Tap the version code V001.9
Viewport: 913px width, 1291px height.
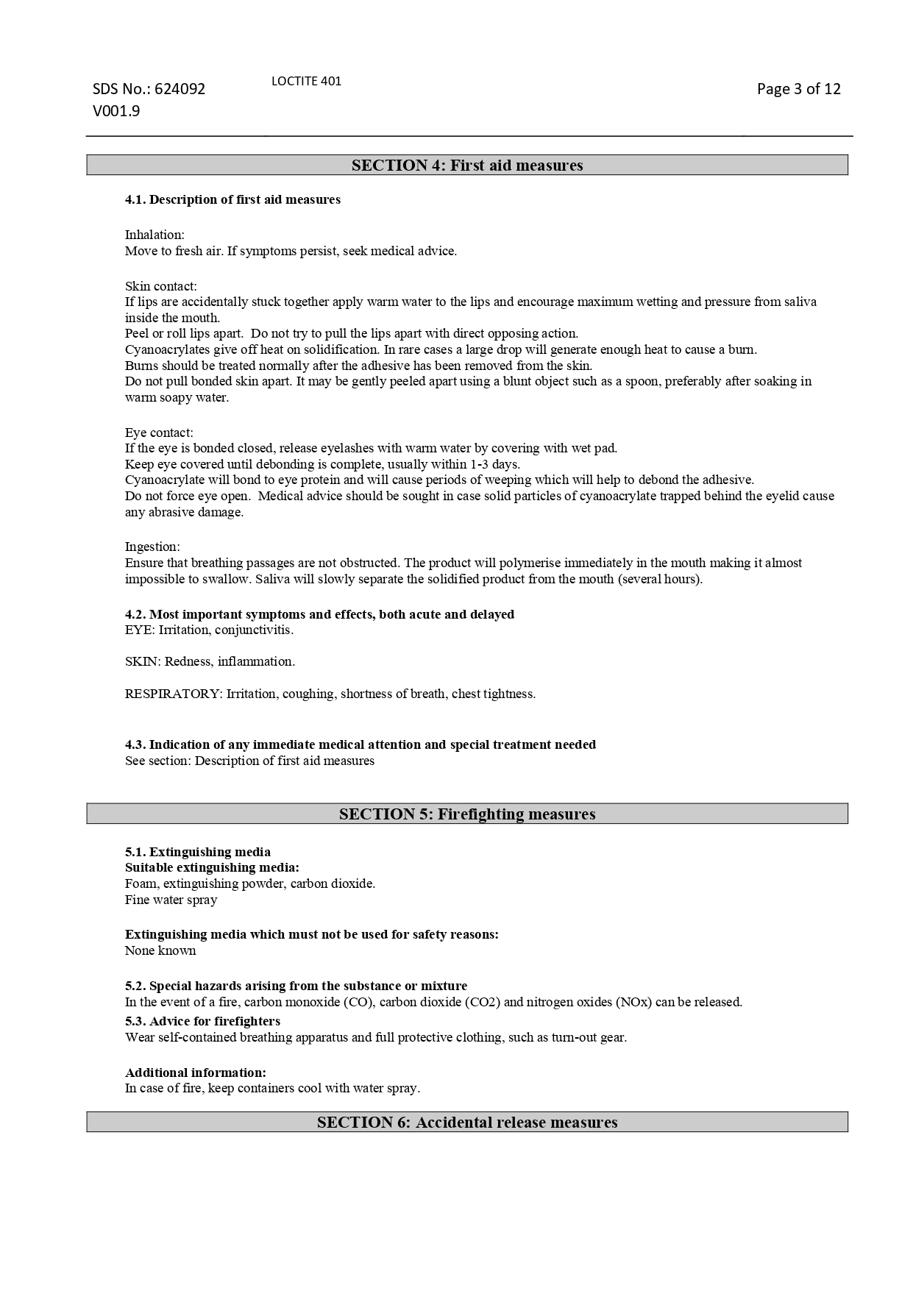pyautogui.click(x=116, y=112)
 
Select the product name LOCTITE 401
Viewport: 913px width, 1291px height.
pyautogui.click(x=306, y=81)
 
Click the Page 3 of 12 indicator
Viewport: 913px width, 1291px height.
pyautogui.click(x=798, y=89)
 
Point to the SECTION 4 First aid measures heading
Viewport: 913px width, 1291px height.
pyautogui.click(x=467, y=166)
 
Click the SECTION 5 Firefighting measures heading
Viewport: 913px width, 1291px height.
pyautogui.click(x=467, y=814)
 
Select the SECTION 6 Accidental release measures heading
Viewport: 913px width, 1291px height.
pyautogui.click(x=467, y=1123)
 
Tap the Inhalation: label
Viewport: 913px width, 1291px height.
pyautogui.click(x=154, y=235)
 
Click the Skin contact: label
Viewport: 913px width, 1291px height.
pyautogui.click(x=160, y=286)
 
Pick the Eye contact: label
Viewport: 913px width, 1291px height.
pyautogui.click(x=159, y=433)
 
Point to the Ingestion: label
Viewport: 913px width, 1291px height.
pyautogui.click(x=152, y=547)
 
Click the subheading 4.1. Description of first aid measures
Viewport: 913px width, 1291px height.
pyautogui.click(x=232, y=199)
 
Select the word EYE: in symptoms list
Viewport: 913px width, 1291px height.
pyautogui.click(x=140, y=630)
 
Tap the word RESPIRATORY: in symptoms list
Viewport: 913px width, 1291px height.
pyautogui.click(x=174, y=694)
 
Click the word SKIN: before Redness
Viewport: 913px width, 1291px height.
pyautogui.click(x=143, y=661)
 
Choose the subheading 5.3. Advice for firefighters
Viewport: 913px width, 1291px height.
pyautogui.click(x=202, y=1021)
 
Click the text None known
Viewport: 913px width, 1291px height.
pyautogui.click(x=160, y=950)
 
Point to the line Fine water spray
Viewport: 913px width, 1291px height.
pyautogui.click(x=171, y=900)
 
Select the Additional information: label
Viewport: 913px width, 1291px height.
pyautogui.click(x=196, y=1073)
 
